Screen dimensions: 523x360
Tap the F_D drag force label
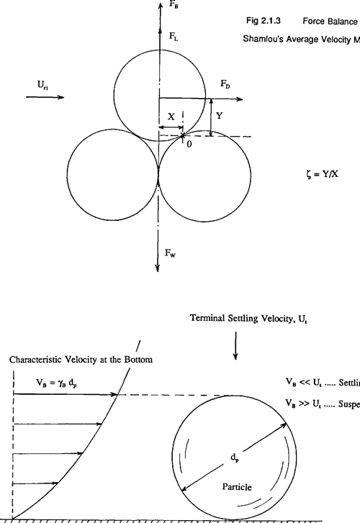pos(226,84)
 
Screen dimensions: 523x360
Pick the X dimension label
pos(170,116)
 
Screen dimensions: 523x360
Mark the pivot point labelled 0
pos(189,144)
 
